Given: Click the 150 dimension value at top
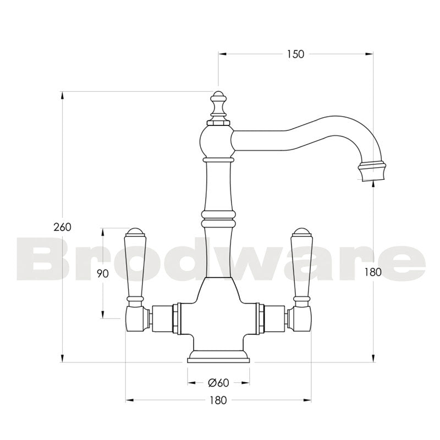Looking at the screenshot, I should click(x=295, y=54).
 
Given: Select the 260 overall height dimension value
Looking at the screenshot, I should click(x=62, y=227).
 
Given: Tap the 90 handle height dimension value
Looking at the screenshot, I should click(x=102, y=273).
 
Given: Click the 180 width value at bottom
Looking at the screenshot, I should click(x=218, y=400).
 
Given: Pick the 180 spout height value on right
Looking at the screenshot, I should click(x=374, y=271).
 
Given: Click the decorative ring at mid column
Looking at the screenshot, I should click(x=218, y=218).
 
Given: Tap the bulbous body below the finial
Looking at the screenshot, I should click(x=218, y=140).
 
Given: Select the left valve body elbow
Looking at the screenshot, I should click(x=136, y=319).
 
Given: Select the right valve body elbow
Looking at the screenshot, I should click(x=301, y=319).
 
